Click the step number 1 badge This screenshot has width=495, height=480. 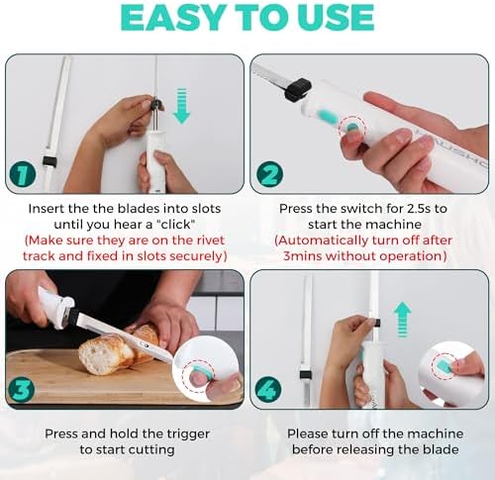pos(23,175)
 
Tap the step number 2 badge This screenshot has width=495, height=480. pos(270,175)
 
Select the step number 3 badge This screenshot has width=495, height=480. pos(21,390)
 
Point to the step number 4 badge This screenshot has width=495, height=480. pos(268,390)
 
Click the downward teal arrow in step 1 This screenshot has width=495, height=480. pos(181,106)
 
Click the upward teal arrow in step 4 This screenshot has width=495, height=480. pos(403,320)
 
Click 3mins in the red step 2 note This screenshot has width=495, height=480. pos(302,256)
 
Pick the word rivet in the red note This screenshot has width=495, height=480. pos(210,240)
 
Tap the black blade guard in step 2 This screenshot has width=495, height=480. pos(298,88)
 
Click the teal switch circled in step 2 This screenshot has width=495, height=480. pos(352,128)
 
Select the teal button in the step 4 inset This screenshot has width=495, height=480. pos(444,364)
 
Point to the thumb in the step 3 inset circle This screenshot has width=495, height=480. pos(199,380)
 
